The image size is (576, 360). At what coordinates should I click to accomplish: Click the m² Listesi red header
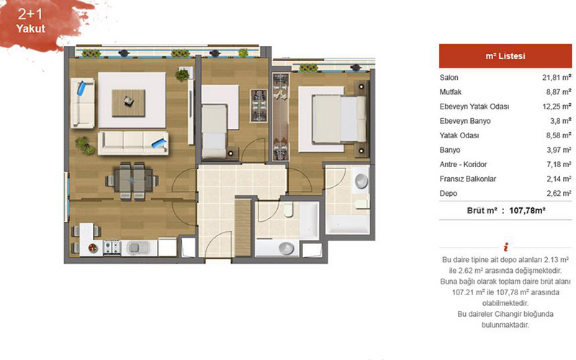click(x=505, y=56)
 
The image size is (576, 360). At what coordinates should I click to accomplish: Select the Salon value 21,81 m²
click(x=557, y=78)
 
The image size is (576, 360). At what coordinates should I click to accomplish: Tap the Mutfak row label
click(x=451, y=92)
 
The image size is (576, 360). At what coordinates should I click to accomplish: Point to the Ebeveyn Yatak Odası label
click(x=474, y=107)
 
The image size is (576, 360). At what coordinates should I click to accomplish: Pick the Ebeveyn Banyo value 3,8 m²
click(x=561, y=121)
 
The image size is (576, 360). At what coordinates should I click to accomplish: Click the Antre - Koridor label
click(x=463, y=164)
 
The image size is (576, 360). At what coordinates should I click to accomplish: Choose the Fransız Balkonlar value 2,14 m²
click(x=559, y=179)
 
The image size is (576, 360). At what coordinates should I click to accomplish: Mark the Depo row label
click(x=448, y=193)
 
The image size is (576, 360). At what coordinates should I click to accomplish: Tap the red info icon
click(x=506, y=247)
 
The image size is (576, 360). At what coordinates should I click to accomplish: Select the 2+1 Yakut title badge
click(x=31, y=21)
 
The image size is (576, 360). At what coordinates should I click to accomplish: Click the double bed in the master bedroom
click(x=339, y=119)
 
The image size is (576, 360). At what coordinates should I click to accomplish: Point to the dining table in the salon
click(x=132, y=181)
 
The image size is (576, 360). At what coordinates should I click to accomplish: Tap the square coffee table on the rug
click(x=129, y=103)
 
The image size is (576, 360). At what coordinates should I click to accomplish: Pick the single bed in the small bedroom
click(x=214, y=131)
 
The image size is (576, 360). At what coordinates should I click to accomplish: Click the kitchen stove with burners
click(x=112, y=248)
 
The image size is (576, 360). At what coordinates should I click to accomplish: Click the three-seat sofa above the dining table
click(x=133, y=143)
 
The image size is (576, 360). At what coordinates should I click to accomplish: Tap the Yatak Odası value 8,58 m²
click(x=559, y=135)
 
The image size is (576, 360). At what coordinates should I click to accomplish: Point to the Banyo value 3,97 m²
click(x=559, y=150)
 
